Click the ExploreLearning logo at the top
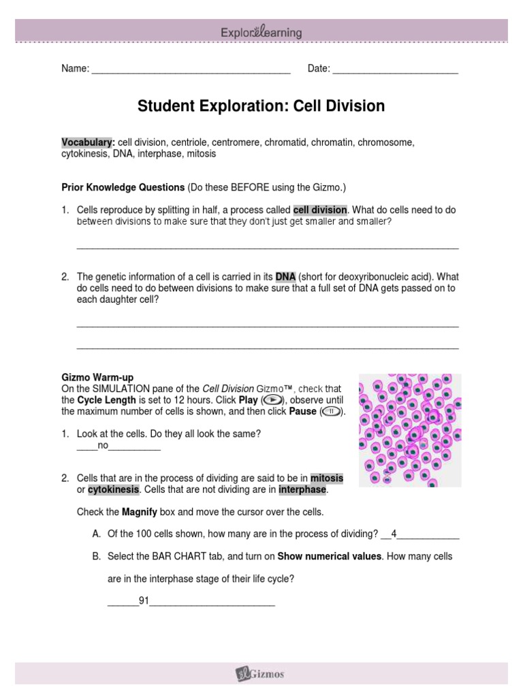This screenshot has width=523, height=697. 261,32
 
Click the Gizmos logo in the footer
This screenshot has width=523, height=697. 261,674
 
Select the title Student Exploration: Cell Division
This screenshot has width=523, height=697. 261,106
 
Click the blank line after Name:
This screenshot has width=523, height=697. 191,69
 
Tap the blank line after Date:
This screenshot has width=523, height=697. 395,69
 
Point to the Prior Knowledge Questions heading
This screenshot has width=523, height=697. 123,187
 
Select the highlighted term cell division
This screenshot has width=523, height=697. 319,210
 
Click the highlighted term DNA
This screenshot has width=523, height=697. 285,277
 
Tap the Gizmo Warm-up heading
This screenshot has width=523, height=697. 97,377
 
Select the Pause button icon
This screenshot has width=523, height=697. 331,412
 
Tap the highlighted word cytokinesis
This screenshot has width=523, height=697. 113,490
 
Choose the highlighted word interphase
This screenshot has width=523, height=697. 303,490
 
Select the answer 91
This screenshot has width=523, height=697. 144,601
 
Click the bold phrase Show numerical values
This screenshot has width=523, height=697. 329,556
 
